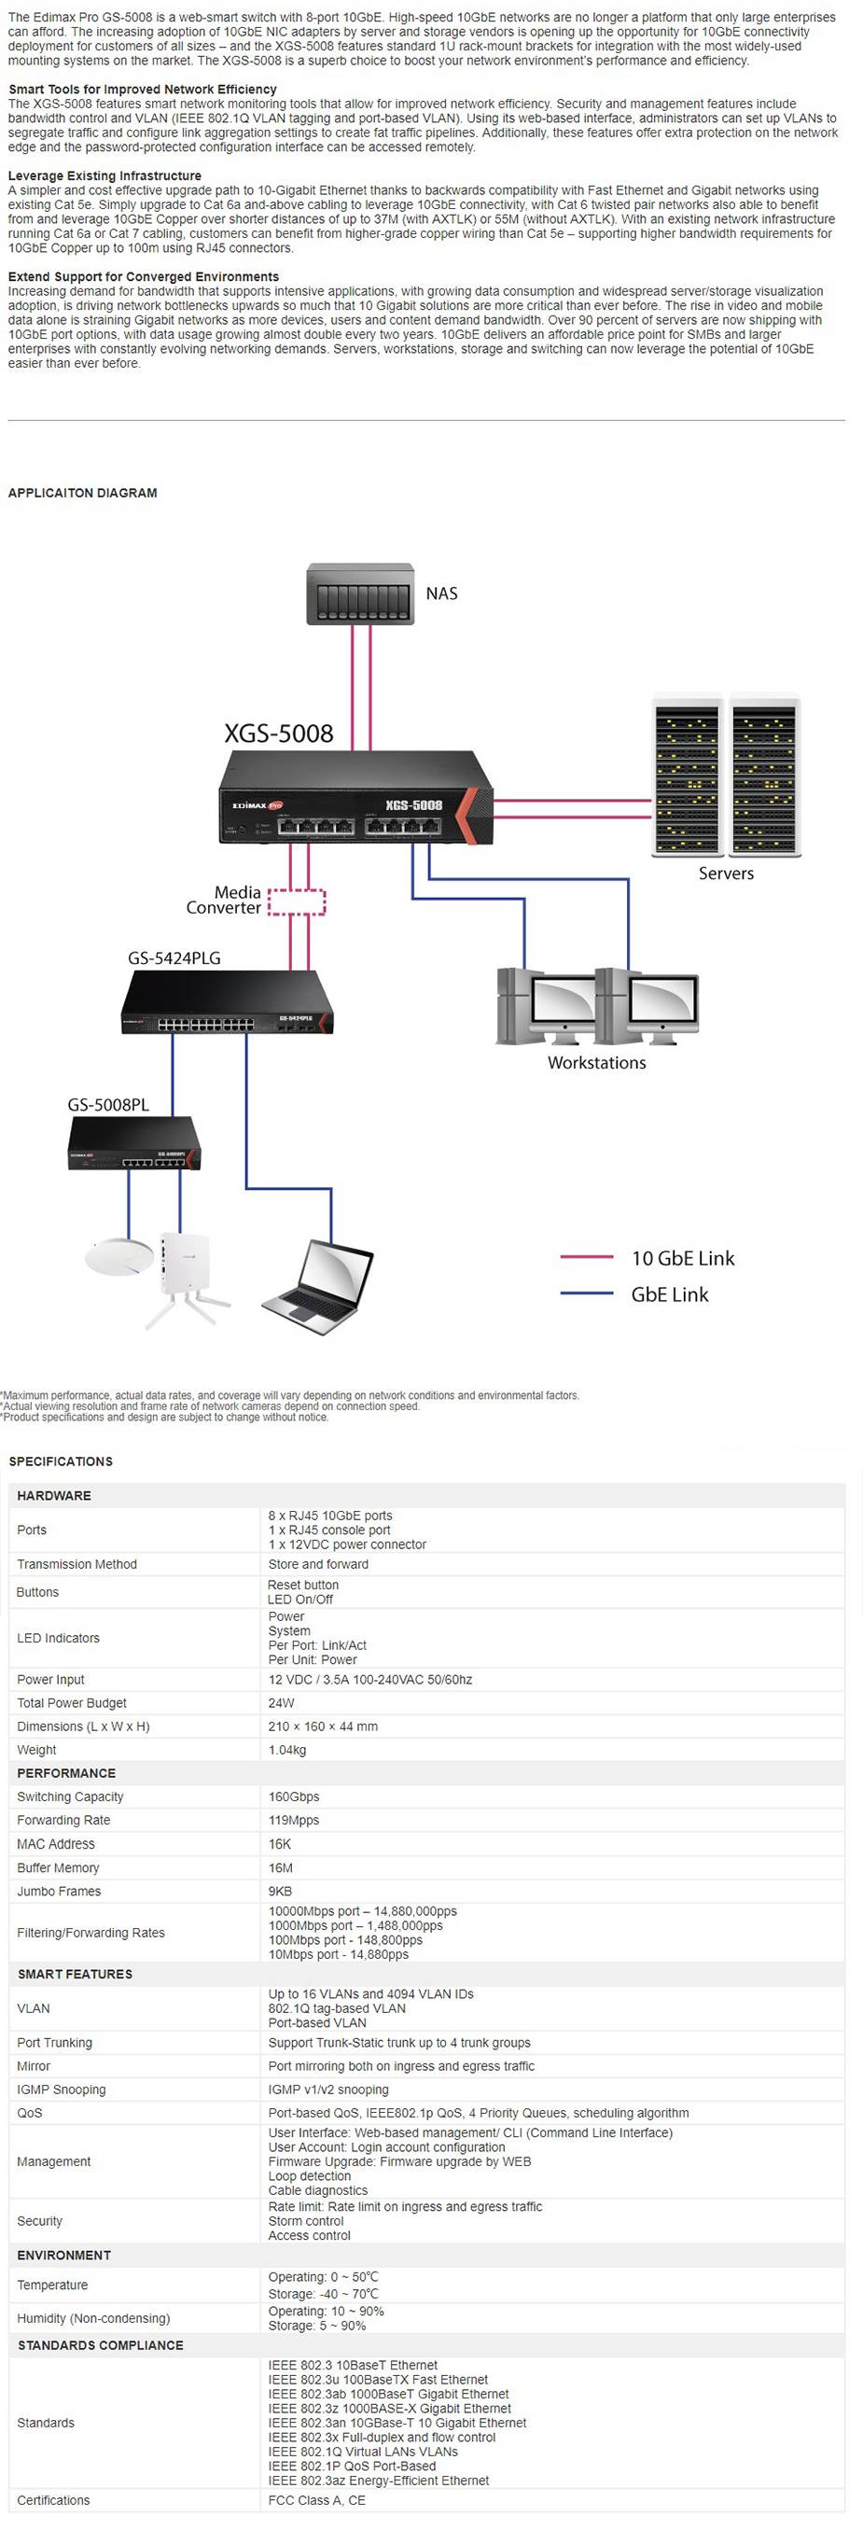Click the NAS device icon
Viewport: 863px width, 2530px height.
(x=359, y=594)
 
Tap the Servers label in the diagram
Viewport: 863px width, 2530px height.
(x=726, y=874)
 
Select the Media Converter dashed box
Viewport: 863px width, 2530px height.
(x=297, y=902)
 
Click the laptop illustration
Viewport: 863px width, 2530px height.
(x=318, y=1287)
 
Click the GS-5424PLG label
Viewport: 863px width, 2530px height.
(x=174, y=957)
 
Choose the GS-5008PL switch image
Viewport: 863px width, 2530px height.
(x=133, y=1144)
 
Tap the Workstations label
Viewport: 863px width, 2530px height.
(x=596, y=1063)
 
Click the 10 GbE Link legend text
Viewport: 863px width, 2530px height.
(x=682, y=1258)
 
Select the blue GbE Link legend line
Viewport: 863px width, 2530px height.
(x=586, y=1293)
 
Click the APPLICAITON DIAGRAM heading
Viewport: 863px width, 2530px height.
(x=82, y=493)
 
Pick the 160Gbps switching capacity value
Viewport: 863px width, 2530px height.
(x=294, y=1796)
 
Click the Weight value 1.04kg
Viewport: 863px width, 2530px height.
(x=286, y=1749)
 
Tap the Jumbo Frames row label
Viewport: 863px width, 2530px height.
(x=59, y=1891)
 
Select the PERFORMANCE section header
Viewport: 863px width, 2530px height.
(x=66, y=1773)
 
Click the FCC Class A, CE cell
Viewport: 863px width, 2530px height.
(x=316, y=2499)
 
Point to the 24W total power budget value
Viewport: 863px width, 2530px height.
(x=281, y=1702)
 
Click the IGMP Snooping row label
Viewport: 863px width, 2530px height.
(x=61, y=2089)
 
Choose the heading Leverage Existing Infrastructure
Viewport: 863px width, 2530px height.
(x=104, y=175)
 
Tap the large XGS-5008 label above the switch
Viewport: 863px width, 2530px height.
(x=278, y=733)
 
